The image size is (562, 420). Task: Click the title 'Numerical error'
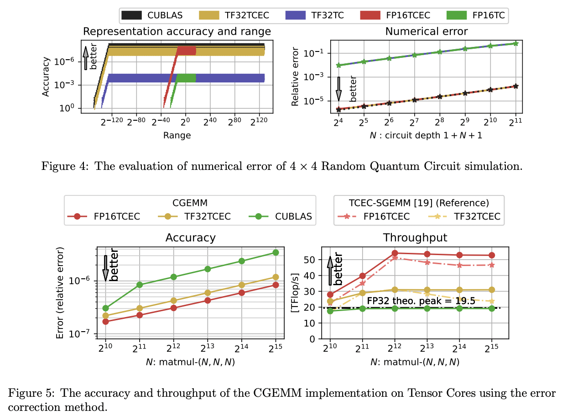point(427,31)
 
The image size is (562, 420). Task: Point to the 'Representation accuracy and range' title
point(177,31)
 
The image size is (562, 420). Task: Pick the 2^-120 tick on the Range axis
point(112,123)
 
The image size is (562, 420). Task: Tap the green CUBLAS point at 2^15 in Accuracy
point(275,252)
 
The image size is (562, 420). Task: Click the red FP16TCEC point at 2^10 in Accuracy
point(106,322)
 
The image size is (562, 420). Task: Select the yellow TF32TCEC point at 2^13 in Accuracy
point(208,293)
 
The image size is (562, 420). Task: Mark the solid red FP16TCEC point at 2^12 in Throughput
point(395,253)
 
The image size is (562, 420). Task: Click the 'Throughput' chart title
point(415,237)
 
